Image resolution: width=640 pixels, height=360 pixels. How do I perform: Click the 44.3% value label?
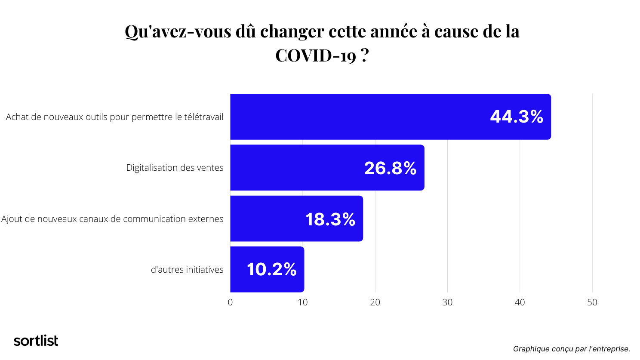tap(517, 117)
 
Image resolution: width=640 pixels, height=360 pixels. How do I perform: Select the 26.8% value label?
tap(390, 168)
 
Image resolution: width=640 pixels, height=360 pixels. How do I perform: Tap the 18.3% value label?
tap(330, 219)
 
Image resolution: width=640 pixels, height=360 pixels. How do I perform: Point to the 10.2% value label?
tap(271, 270)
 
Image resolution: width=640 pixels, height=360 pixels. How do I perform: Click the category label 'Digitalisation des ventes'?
tap(175, 168)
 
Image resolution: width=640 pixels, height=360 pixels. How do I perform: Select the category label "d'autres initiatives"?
tap(187, 270)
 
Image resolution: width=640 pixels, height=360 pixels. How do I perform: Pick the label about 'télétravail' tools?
tap(114, 117)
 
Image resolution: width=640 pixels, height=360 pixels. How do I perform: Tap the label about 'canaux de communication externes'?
tap(112, 219)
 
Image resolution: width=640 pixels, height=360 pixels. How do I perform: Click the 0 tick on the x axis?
tap(230, 302)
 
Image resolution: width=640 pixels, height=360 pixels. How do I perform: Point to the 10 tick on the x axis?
tap(303, 302)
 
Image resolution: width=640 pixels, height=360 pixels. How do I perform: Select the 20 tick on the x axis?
tap(375, 302)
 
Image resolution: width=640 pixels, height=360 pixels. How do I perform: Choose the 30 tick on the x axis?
tap(447, 302)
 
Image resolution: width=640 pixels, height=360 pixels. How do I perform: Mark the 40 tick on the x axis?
tap(520, 302)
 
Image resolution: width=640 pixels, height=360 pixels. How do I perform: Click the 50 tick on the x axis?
tap(592, 302)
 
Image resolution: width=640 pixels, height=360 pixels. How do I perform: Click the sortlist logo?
tap(36, 341)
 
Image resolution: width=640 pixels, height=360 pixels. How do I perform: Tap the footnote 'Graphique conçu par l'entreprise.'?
tap(571, 349)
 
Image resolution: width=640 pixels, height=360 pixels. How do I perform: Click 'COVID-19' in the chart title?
tap(316, 55)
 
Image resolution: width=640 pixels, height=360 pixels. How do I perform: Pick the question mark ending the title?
tap(365, 55)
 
